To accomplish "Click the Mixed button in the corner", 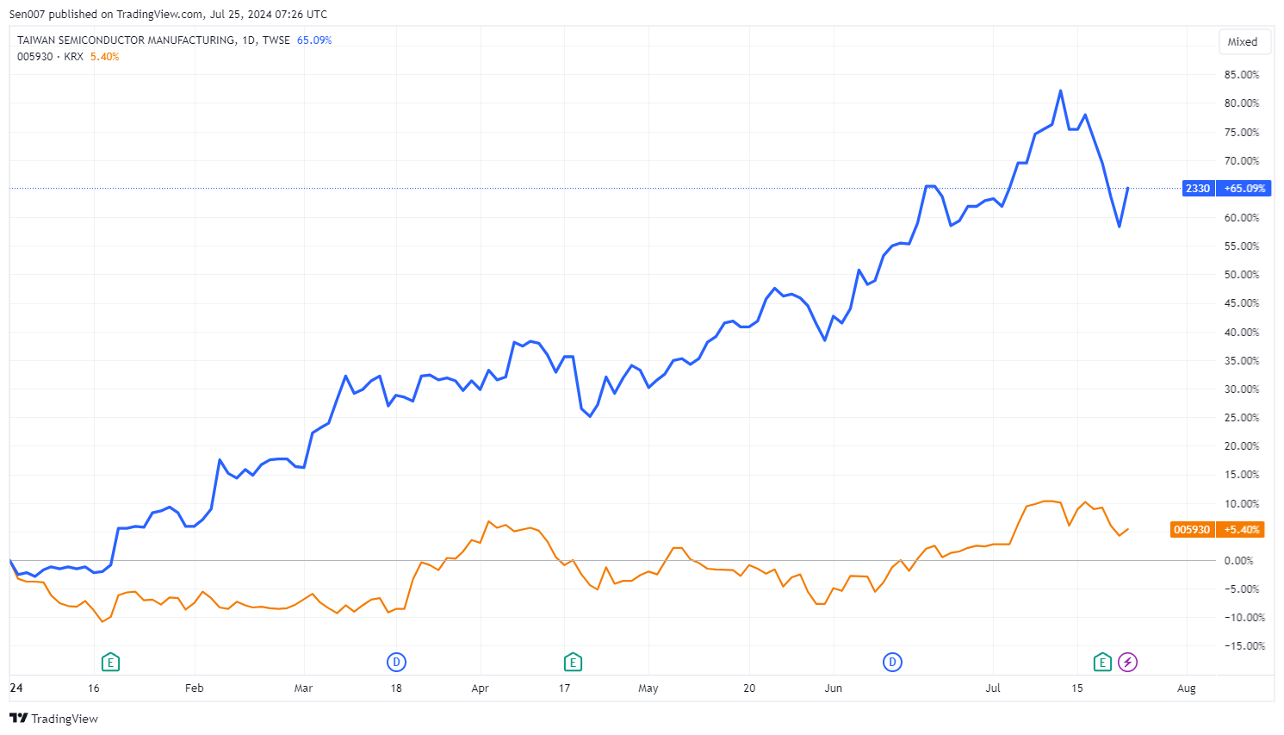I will pos(1242,41).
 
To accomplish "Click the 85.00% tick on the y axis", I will pos(1241,75).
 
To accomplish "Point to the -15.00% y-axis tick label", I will pos(1244,646).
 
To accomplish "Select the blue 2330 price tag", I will pos(1197,189).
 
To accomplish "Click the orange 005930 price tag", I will pos(1192,530).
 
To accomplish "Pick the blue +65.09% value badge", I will pos(1244,189).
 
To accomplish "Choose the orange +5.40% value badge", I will pos(1241,530).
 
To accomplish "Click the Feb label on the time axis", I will pos(194,688).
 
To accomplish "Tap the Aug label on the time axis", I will pos(1186,688).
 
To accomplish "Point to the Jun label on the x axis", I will pos(833,688).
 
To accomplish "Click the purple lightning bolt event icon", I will pos(1127,663).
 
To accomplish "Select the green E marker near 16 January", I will pos(110,663).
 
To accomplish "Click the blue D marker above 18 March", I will pos(396,663).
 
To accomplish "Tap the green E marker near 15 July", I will pos(1102,663).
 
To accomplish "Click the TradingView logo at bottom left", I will pos(53,719).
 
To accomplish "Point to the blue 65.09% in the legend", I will pos(314,40).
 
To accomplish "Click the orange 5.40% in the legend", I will pos(104,57).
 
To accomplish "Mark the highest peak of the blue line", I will pos(1060,90).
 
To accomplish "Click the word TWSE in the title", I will pos(276,40).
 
